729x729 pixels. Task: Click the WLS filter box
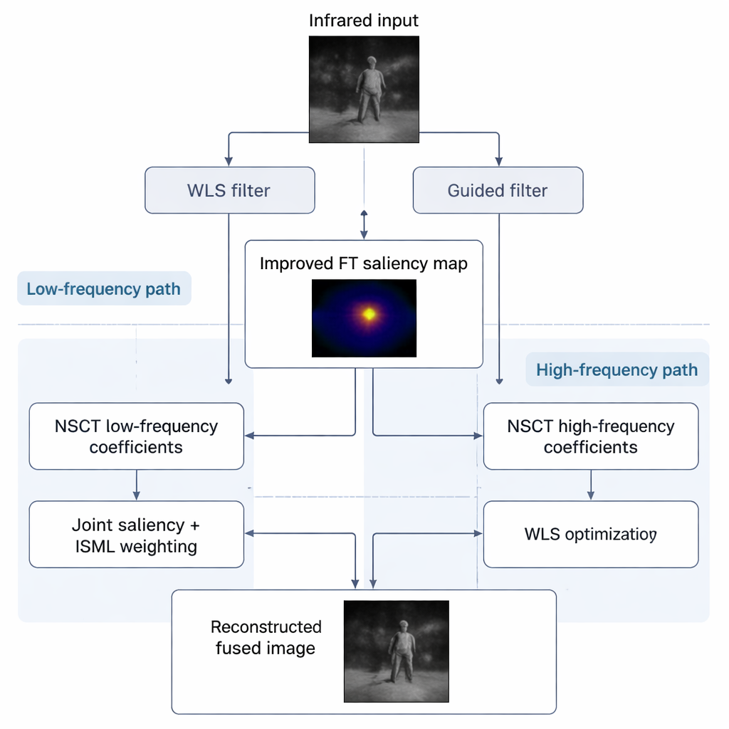click(229, 190)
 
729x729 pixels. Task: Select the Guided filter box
click(498, 190)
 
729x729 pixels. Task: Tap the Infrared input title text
click(364, 21)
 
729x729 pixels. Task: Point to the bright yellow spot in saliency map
click(369, 313)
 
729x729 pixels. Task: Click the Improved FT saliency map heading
click(364, 264)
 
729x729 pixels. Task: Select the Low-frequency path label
click(104, 289)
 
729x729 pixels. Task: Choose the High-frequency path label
click(617, 370)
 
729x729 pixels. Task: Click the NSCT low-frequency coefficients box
click(136, 436)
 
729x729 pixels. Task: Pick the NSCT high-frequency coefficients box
click(590, 436)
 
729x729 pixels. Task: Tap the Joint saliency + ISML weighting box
click(136, 535)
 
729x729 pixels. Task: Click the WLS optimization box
click(590, 534)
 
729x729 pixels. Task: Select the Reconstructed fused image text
click(266, 637)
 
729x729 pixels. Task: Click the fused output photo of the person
click(397, 651)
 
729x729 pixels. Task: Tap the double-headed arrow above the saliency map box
click(364, 224)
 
